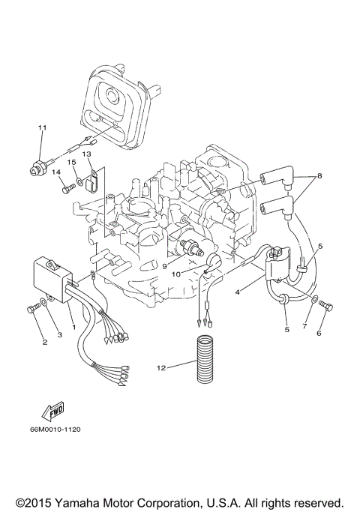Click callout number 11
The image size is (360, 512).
43,128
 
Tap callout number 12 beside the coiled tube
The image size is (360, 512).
160,367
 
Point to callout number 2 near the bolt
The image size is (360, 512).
44,343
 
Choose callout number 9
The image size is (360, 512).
164,265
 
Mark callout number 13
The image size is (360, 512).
86,154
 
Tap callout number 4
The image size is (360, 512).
237,292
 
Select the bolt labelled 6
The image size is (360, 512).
327,307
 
